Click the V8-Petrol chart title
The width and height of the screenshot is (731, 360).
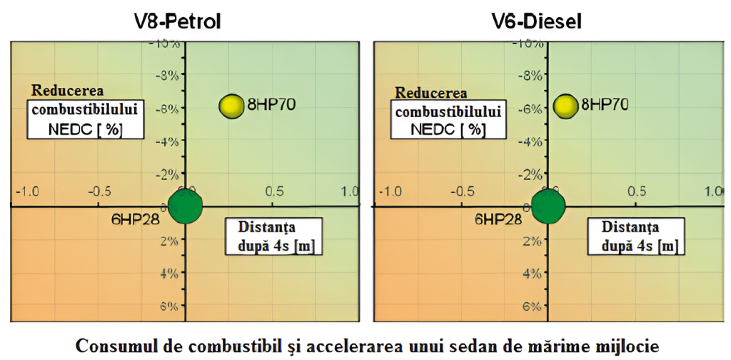coord(178,21)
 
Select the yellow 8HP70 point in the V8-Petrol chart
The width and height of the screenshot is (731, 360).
coord(231,106)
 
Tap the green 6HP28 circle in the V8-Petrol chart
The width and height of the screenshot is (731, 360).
coord(185,206)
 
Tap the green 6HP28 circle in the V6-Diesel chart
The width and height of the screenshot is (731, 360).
coord(548,206)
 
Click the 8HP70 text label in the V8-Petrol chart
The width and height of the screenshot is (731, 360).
coord(271,106)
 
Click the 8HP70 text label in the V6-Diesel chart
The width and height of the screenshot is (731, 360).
coord(605,106)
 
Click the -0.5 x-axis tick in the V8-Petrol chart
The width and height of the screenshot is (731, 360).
coord(99,191)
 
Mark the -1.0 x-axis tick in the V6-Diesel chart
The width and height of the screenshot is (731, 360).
coord(390,191)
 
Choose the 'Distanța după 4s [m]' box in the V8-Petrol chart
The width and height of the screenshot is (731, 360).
coord(271,236)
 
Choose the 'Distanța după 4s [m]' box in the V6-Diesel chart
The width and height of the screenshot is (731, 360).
coord(635,236)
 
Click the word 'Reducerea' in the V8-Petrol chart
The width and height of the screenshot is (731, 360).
coord(66,91)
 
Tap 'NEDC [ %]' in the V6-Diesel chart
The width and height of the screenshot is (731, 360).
coord(448,129)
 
